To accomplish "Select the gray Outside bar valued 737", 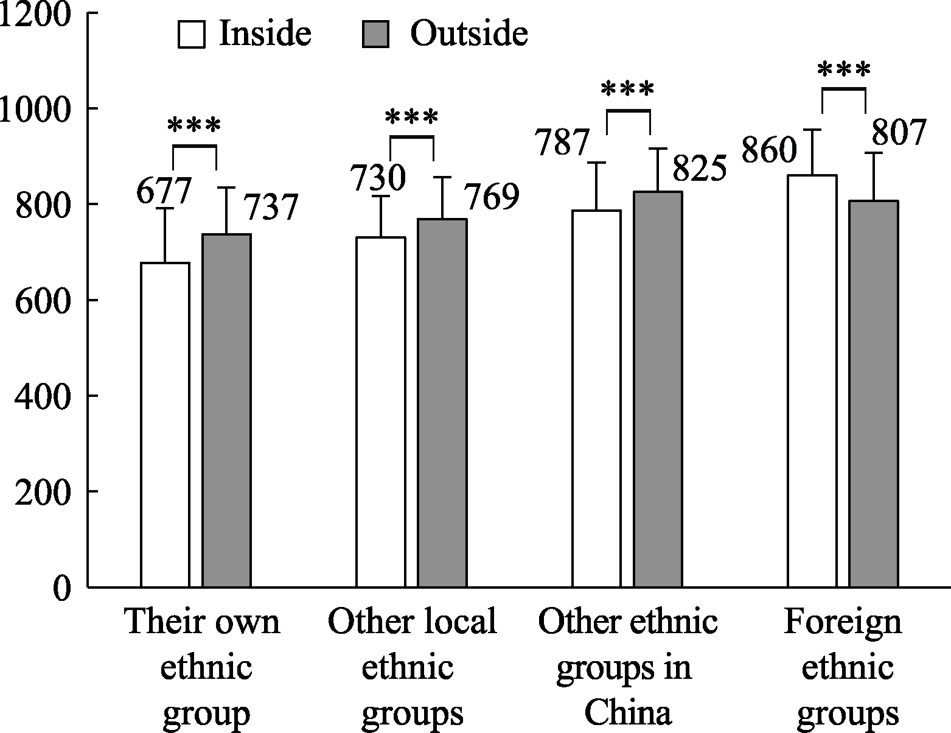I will [226, 411].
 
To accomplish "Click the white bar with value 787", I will [596, 399].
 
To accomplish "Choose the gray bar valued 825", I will [658, 390].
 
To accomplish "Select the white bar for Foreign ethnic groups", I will [812, 381].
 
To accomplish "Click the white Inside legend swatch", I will [192, 35].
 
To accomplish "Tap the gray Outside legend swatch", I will [375, 35].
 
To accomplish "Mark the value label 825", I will [700, 169].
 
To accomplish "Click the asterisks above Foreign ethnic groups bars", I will [843, 71].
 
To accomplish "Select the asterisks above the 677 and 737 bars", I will [193, 127].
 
